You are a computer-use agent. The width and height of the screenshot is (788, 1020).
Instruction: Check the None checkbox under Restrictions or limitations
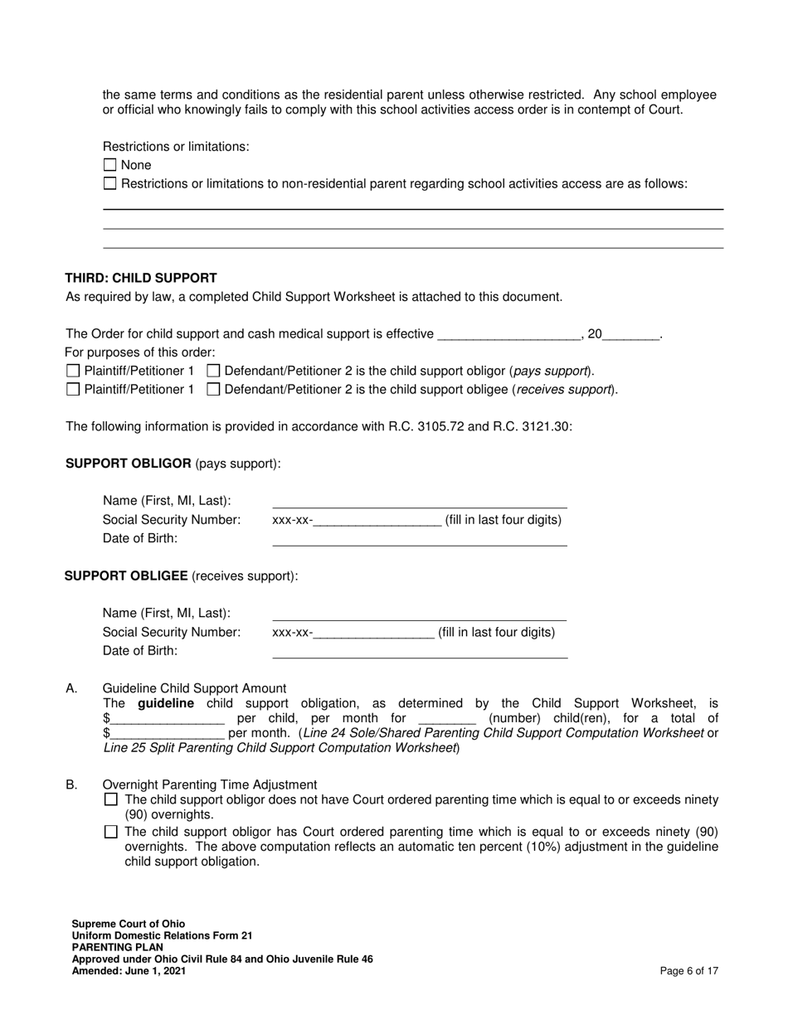click(109, 165)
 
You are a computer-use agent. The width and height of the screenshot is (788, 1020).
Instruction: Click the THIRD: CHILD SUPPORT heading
click(141, 279)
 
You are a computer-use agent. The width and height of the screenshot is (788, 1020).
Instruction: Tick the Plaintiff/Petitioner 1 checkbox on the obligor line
click(73, 371)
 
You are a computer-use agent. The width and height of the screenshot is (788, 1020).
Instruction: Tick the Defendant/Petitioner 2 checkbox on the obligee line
click(213, 389)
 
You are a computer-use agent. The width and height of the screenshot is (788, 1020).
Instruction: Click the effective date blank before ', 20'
click(507, 334)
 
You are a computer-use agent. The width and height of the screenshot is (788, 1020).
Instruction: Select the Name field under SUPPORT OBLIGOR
click(419, 501)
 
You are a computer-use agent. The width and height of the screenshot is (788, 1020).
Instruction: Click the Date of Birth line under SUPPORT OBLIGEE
click(419, 651)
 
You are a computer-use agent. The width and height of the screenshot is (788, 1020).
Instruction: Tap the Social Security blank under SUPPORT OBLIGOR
click(377, 521)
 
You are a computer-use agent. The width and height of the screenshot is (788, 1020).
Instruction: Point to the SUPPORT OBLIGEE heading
click(126, 576)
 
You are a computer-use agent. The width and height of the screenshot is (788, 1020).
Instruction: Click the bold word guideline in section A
click(166, 703)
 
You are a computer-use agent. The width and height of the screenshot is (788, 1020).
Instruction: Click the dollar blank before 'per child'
click(167, 718)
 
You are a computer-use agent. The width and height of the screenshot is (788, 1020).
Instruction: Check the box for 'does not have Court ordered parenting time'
click(111, 800)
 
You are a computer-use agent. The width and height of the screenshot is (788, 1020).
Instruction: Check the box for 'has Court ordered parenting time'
click(111, 832)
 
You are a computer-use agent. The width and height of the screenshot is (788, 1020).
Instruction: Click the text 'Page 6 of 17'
click(688, 971)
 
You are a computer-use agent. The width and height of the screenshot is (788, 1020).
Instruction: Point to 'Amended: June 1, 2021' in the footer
click(129, 971)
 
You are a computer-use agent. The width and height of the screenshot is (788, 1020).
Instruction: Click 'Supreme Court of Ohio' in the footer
click(129, 924)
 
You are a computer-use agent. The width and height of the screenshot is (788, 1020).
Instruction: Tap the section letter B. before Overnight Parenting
click(71, 784)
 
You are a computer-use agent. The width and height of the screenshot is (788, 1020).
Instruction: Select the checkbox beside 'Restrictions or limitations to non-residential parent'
click(109, 183)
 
